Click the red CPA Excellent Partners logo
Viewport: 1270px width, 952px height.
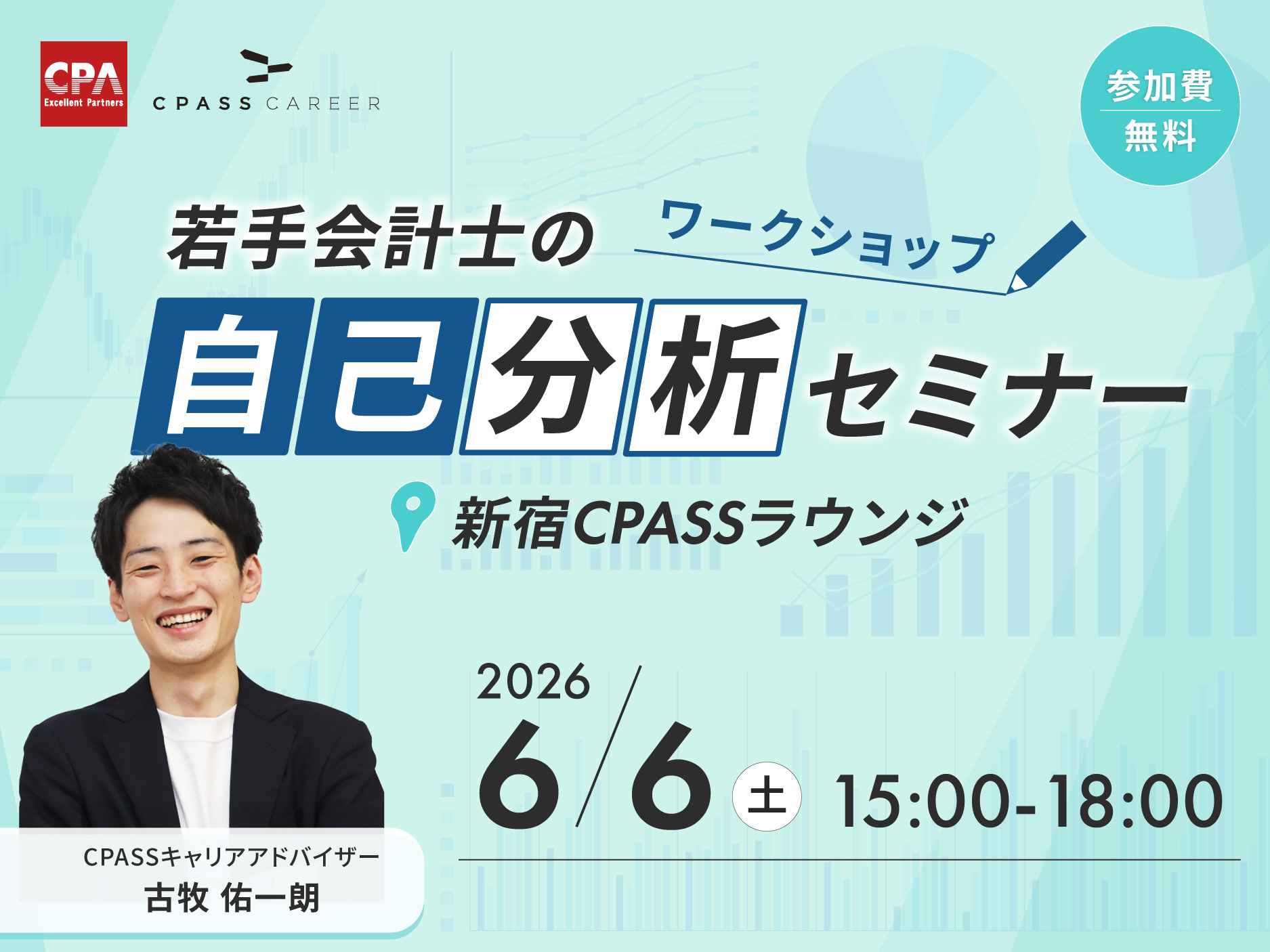point(84,84)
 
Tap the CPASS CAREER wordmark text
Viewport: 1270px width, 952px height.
point(266,104)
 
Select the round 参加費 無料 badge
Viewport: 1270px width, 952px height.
point(1160,106)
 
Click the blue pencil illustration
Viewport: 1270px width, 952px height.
point(1046,257)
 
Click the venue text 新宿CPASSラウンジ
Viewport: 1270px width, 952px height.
point(711,523)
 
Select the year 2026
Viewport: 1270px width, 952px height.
point(533,682)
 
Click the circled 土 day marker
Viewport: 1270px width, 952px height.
point(767,796)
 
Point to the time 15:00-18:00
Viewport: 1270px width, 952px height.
point(1029,802)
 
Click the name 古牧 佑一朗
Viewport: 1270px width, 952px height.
point(232,898)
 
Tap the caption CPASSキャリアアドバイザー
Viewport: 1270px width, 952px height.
point(231,857)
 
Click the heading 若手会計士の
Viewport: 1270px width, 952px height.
point(381,238)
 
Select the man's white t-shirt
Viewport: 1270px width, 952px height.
point(196,765)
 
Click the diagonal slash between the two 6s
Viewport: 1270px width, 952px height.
point(608,746)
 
